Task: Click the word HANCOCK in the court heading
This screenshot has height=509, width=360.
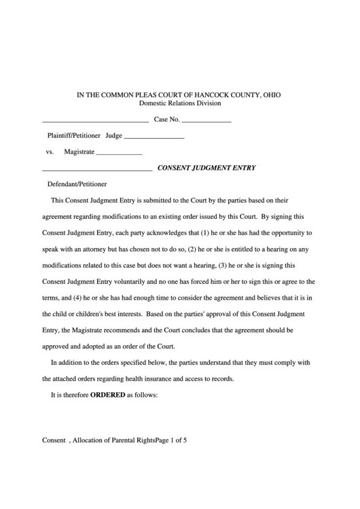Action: [x=213, y=94]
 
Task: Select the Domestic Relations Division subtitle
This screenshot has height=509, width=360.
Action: [x=180, y=103]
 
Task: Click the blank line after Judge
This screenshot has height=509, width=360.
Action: [x=154, y=137]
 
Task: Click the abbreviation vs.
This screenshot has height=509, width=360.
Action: [x=50, y=152]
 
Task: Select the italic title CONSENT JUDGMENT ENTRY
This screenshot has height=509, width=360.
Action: [x=206, y=167]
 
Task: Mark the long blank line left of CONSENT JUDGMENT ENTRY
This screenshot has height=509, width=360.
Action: [x=97, y=169]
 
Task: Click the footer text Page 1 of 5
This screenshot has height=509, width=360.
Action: [x=170, y=440]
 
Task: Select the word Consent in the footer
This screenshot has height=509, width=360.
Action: [x=53, y=440]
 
